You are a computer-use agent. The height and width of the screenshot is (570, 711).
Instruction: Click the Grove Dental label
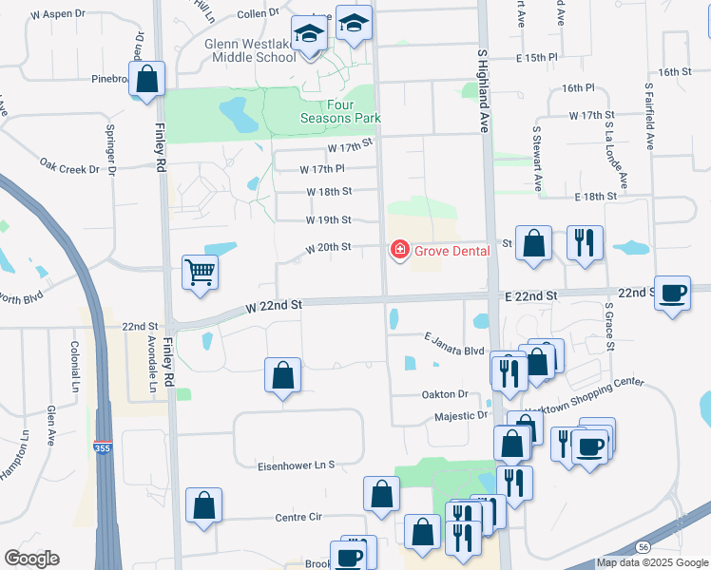coord(452,251)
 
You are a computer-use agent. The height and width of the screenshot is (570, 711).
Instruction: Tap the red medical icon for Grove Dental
coord(400,251)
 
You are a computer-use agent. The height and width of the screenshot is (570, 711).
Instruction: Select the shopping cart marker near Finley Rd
coord(201,273)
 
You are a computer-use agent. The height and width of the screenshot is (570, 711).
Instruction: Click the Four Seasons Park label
coord(340,111)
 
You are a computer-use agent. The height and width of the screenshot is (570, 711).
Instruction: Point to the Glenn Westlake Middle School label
coord(251,49)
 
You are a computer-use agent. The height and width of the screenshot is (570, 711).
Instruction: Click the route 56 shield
coord(644,546)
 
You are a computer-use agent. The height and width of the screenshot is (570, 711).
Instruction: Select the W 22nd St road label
coord(273,306)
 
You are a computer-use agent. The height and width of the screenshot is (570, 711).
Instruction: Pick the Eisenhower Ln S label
coord(298,465)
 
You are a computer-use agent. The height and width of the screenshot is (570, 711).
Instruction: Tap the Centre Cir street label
coord(299,517)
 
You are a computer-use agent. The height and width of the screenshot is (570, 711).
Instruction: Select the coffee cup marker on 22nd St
coord(673,294)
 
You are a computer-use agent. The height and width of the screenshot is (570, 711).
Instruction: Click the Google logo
coord(31,559)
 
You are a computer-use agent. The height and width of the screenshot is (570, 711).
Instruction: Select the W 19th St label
coord(328,219)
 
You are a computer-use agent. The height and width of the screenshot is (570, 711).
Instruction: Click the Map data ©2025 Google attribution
coord(651,562)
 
